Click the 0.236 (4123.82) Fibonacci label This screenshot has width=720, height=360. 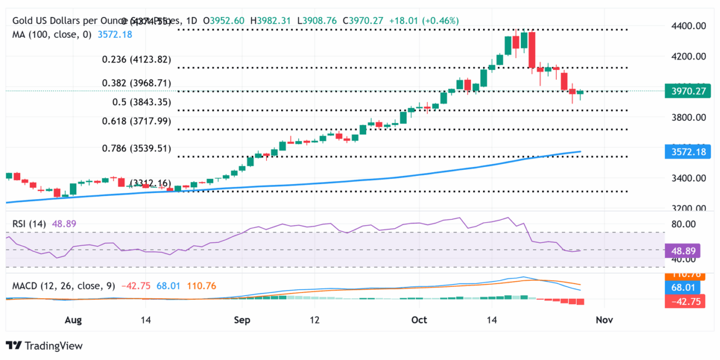click(x=136, y=60)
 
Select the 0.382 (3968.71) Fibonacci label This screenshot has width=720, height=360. click(x=136, y=83)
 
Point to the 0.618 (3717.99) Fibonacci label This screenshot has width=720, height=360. click(x=136, y=121)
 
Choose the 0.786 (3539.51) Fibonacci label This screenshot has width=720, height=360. click(x=136, y=148)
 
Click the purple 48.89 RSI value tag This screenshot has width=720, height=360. click(x=682, y=250)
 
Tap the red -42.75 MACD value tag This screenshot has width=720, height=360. click(x=682, y=301)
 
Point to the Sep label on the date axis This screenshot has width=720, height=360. click(x=241, y=320)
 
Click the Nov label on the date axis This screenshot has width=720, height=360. click(x=604, y=320)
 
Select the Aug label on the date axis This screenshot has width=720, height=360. click(x=74, y=320)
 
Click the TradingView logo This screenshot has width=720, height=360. click(x=44, y=346)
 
